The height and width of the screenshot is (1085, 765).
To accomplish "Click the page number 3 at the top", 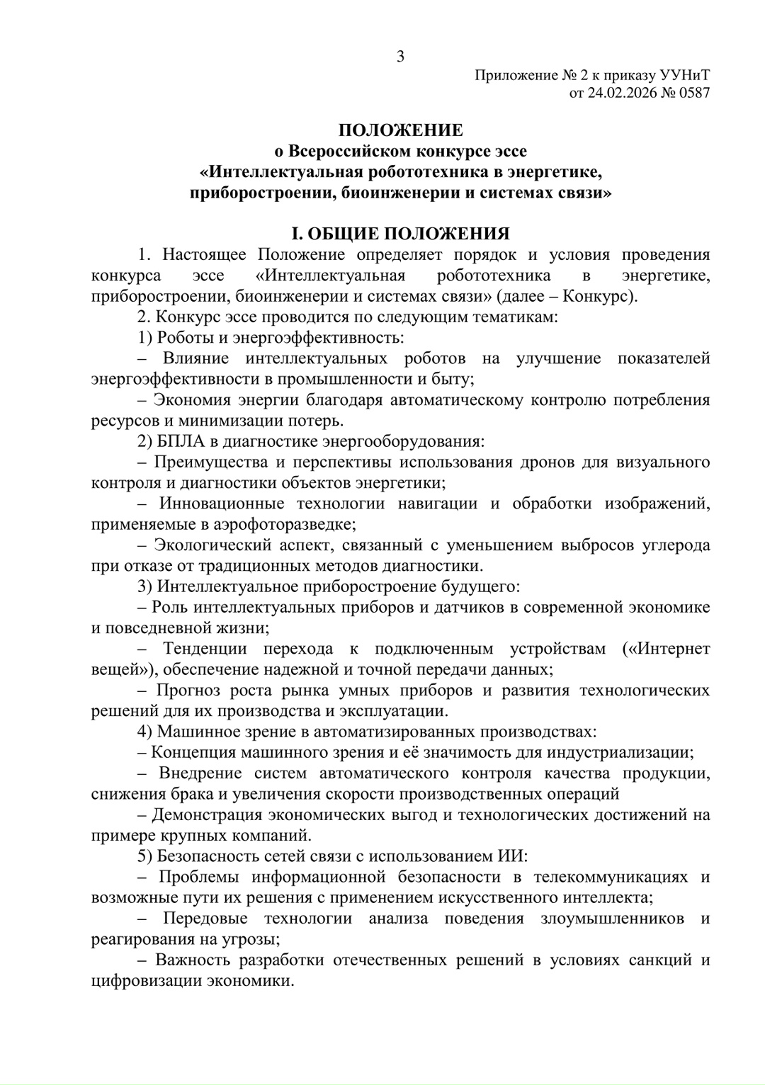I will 400,57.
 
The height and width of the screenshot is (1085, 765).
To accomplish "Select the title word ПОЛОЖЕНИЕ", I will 400,130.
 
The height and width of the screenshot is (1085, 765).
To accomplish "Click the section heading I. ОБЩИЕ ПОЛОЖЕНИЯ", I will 401,234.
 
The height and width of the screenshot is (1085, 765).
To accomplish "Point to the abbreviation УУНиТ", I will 684,74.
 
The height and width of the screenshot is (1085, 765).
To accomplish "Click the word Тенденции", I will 205,649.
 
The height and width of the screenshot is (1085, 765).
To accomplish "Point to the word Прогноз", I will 188,690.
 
